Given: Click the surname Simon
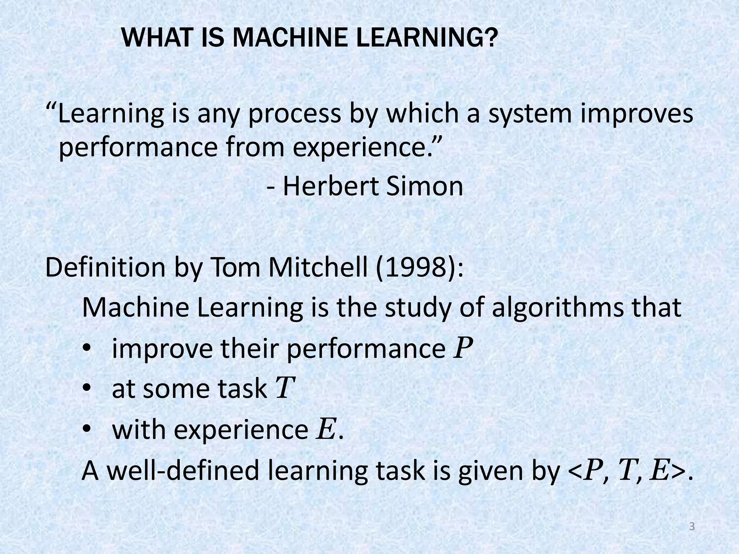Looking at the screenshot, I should [x=425, y=186].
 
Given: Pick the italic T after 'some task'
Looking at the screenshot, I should [x=285, y=389].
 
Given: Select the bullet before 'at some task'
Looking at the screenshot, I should [x=87, y=390].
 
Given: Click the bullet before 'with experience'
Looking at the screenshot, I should [x=87, y=430].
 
